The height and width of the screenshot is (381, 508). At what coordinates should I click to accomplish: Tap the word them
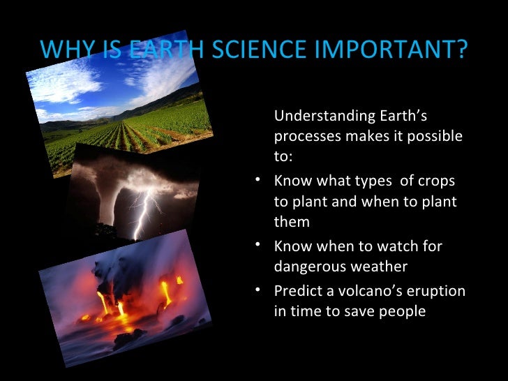click(x=292, y=221)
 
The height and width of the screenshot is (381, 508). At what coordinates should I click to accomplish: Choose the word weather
click(x=382, y=267)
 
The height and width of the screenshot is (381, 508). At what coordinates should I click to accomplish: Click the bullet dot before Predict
click(x=259, y=288)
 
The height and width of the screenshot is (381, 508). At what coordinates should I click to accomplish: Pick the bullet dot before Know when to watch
click(x=259, y=244)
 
